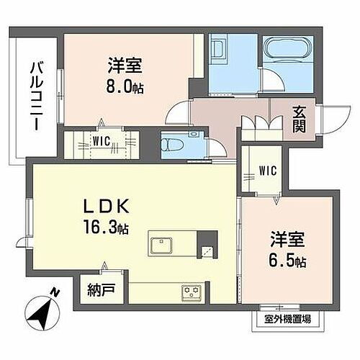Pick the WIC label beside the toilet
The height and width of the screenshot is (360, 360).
point(100,140)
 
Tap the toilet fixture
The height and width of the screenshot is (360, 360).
point(171,145)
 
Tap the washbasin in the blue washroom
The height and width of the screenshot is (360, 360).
point(220,50)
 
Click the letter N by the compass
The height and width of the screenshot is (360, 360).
point(54,292)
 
